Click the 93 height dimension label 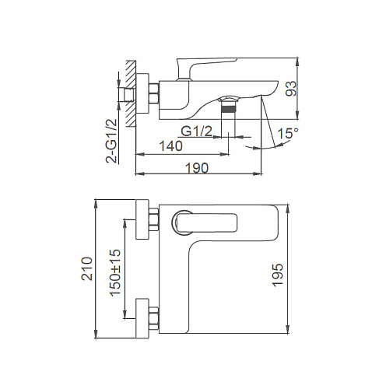click(290, 89)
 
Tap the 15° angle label click(288, 133)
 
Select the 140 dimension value click(170, 146)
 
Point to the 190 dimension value click(197, 168)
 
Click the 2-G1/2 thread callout click(111, 141)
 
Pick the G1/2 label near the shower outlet click(197, 131)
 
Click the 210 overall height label click(87, 268)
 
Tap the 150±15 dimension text click(115, 272)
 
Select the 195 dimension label click(277, 275)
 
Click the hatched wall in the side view click(131, 93)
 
